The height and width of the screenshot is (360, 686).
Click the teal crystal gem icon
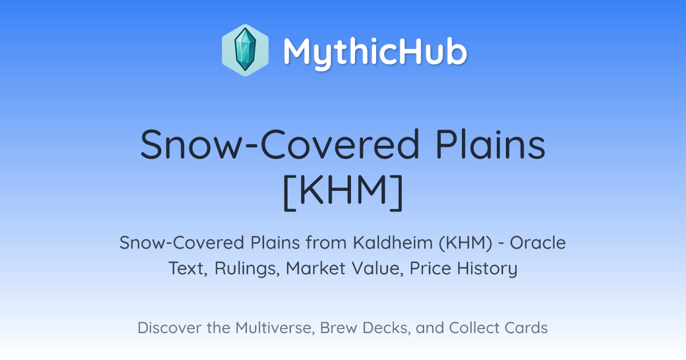[x=245, y=50]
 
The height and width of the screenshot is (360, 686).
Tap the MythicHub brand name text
[x=375, y=53]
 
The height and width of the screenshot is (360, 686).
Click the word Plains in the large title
[x=490, y=145]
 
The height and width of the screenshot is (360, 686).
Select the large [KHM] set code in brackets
[x=343, y=192]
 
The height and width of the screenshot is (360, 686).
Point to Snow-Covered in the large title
[x=280, y=145]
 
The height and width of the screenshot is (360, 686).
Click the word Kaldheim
[x=393, y=242]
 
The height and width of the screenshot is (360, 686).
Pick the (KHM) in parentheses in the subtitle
[x=465, y=243]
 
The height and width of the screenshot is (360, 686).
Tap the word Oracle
[x=537, y=242]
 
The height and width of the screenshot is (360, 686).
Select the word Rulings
[x=247, y=269]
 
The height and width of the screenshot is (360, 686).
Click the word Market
[x=316, y=268]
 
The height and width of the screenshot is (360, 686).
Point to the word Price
[x=430, y=268]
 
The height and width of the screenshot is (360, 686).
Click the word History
[x=487, y=269]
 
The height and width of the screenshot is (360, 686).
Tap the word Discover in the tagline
[x=169, y=327]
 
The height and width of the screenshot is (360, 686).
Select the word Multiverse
[x=275, y=328]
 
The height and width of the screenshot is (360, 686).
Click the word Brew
[x=338, y=327]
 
